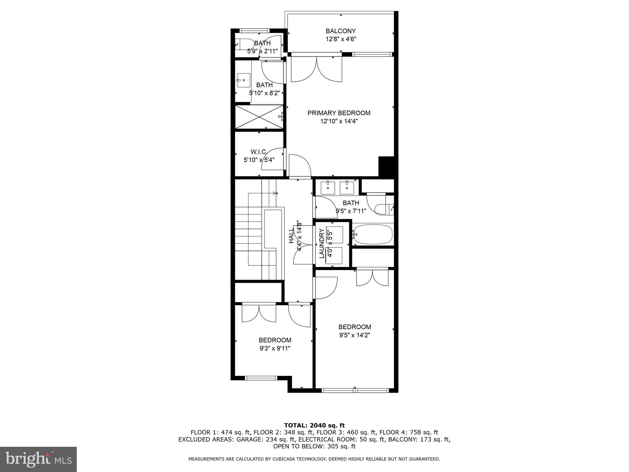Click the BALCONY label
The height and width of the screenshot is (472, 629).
(x=341, y=31)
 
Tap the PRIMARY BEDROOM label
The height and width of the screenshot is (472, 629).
(x=339, y=113)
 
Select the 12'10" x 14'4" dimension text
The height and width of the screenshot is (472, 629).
(x=339, y=121)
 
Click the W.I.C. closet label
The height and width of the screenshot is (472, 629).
(x=259, y=152)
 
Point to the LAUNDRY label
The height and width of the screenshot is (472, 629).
(x=322, y=243)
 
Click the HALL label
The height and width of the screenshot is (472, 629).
(x=291, y=238)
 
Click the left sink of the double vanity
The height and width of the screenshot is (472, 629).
(x=328, y=187)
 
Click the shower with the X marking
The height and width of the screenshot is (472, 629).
(x=259, y=117)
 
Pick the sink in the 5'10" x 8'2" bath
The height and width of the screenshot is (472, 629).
(x=243, y=80)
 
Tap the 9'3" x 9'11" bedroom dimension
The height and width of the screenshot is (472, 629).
(x=275, y=348)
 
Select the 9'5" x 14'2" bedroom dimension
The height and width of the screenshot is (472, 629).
(x=354, y=335)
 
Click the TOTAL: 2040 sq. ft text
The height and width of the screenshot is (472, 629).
(x=314, y=426)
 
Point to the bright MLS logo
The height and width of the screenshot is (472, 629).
(x=38, y=459)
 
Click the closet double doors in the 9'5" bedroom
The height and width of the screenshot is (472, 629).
(x=372, y=277)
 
